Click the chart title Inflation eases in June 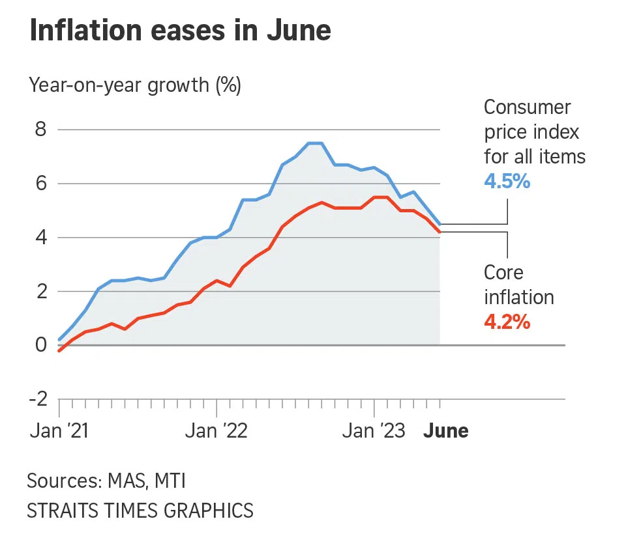[x=180, y=31]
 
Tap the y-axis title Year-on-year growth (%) [x=134, y=85]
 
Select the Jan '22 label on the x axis [x=216, y=431]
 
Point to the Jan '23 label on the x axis [x=374, y=431]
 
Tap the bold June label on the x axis [x=447, y=431]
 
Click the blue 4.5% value [x=507, y=180]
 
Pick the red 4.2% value [x=507, y=322]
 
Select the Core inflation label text [x=519, y=285]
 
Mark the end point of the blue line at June [x=440, y=224]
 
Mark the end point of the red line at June [x=440, y=232]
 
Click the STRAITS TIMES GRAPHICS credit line [x=140, y=510]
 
